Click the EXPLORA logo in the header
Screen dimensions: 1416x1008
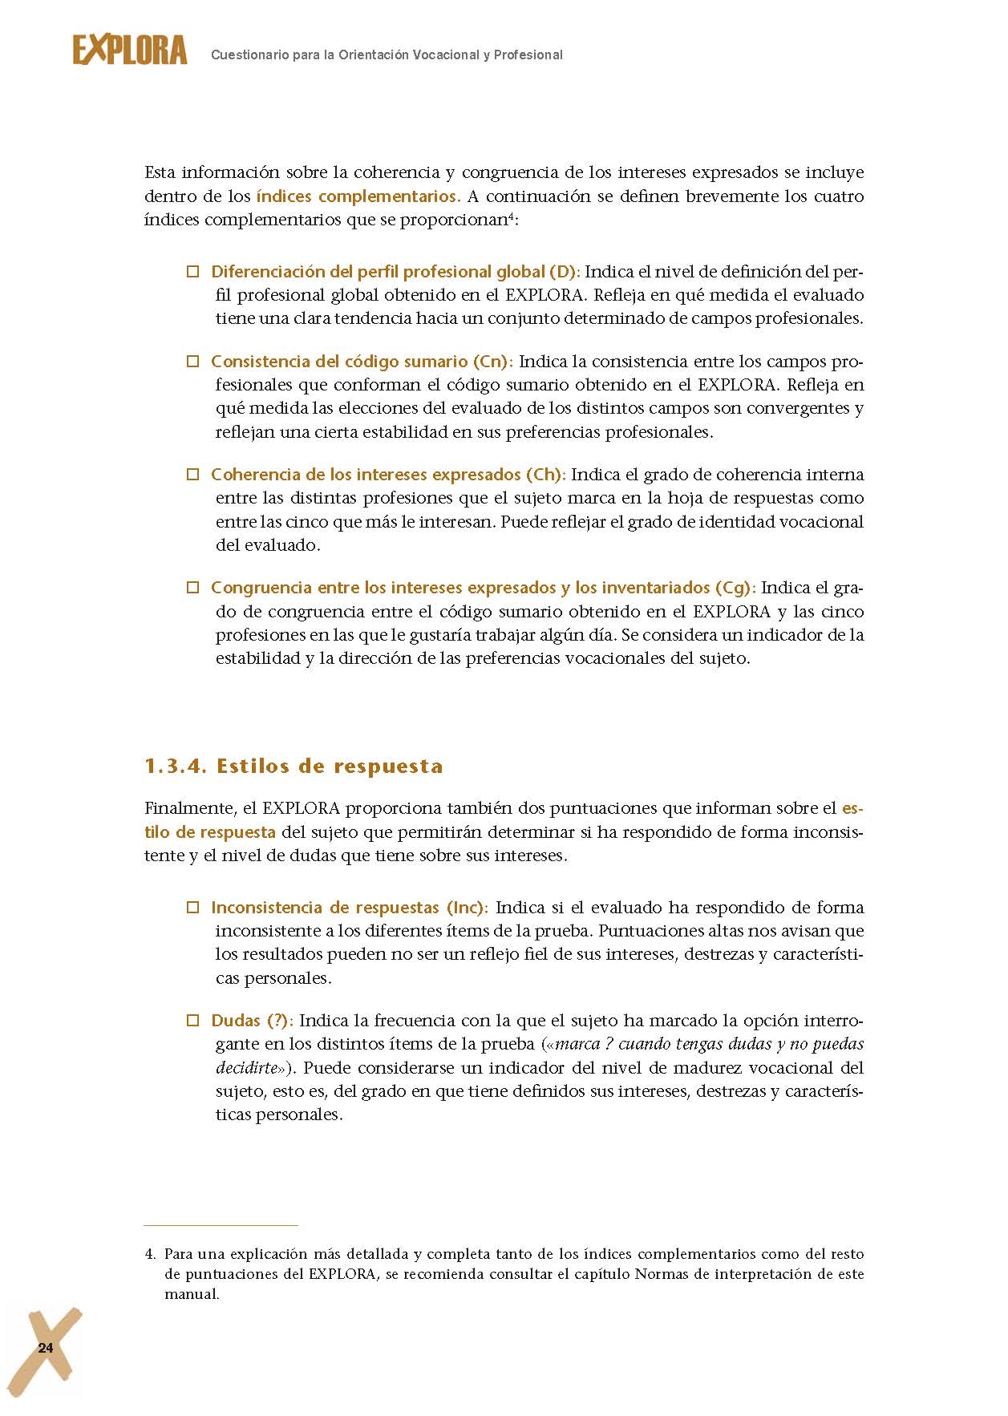tap(130, 51)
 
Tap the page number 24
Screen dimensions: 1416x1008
tap(46, 1347)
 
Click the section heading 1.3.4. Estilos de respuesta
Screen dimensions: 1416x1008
tap(293, 766)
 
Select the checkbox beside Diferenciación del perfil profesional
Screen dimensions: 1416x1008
tap(192, 272)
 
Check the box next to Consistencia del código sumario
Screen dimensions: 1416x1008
tap(192, 362)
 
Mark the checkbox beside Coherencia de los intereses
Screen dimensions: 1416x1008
tap(192, 475)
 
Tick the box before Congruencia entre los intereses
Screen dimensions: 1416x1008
tap(192, 588)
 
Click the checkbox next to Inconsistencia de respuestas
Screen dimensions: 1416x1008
tap(192, 908)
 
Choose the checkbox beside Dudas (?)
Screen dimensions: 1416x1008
tap(192, 1021)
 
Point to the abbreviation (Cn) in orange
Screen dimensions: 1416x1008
tap(492, 362)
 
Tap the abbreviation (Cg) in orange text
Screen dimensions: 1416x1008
tap(734, 588)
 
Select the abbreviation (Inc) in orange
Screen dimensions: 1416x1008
tap(466, 908)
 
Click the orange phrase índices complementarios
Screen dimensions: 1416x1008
tap(358, 196)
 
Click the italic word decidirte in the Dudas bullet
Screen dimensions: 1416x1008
tap(247, 1068)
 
